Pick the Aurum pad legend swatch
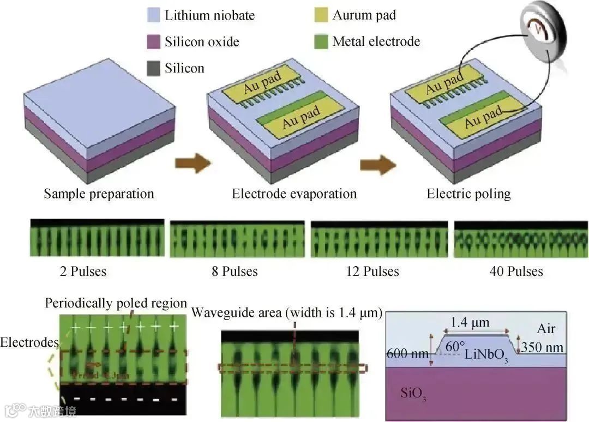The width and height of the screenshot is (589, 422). tap(321, 15)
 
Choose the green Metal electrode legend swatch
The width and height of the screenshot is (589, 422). tap(321, 41)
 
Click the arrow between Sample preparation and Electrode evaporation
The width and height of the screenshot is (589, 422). tap(193, 162)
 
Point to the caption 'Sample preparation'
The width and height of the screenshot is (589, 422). tap(99, 194)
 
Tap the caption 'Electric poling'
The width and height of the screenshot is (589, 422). tap(468, 194)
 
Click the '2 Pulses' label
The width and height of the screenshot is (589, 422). tap(83, 271)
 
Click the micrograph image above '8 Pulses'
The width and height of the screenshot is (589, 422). tap(237, 239)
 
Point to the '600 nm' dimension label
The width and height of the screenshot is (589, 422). tap(407, 353)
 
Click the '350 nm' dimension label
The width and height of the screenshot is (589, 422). tap(542, 347)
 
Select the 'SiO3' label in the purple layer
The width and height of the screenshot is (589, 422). tap(413, 394)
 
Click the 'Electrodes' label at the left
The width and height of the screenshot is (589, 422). tap(29, 342)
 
